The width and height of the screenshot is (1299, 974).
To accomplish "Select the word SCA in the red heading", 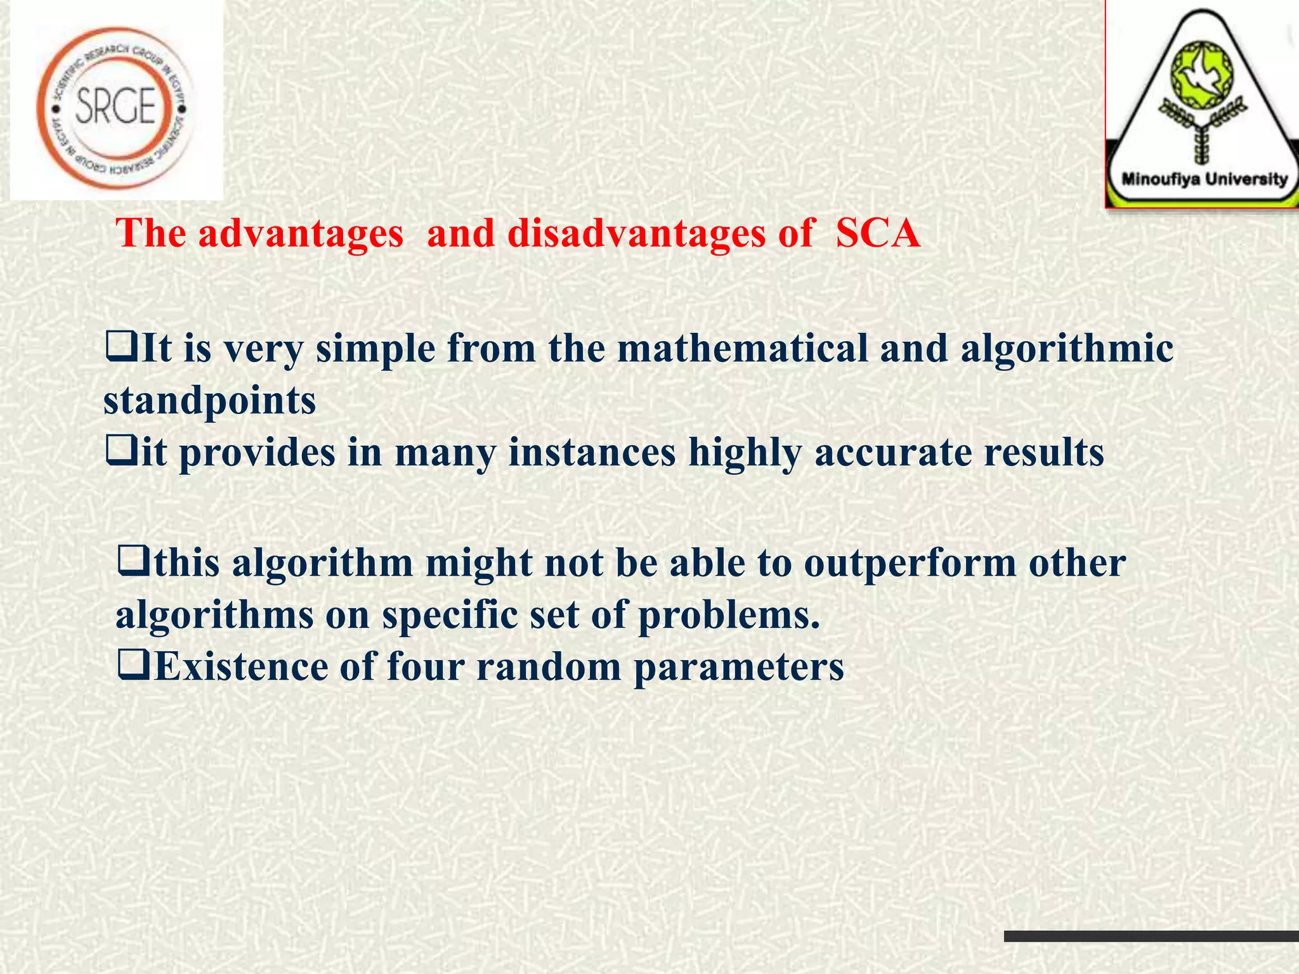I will click(x=877, y=233).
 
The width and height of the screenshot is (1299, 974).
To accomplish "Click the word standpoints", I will click(x=209, y=401).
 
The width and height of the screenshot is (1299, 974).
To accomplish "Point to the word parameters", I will click(x=739, y=668).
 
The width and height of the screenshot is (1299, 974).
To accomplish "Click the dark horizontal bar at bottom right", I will click(x=1151, y=936).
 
